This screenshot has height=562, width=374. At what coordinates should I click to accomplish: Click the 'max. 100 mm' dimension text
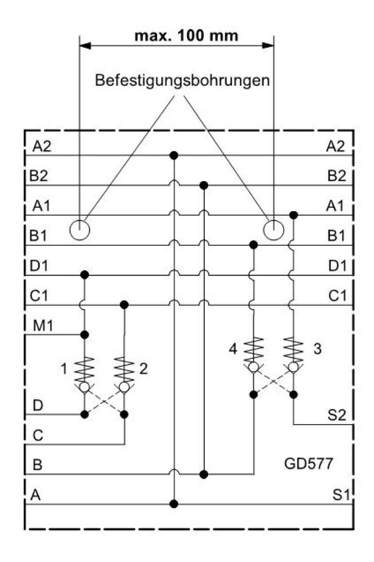tap(186, 36)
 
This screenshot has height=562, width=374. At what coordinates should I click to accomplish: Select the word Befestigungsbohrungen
tap(182, 81)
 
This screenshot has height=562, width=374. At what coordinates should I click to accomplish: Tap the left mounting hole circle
tap(79, 230)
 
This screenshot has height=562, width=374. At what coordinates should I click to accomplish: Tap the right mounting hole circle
tap(273, 230)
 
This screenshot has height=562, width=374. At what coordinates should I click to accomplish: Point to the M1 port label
tap(43, 326)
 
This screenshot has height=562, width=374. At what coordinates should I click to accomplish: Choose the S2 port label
tap(337, 415)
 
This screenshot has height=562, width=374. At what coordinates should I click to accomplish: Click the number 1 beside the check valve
tap(64, 369)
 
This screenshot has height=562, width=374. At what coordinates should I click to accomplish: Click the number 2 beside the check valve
tap(144, 369)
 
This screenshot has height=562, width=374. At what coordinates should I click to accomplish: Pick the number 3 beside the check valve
tap(317, 349)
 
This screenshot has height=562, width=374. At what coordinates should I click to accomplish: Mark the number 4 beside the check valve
tap(233, 349)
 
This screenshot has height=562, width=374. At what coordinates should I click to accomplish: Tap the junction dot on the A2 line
tap(173, 155)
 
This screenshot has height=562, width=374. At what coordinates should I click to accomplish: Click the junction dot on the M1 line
tap(85, 335)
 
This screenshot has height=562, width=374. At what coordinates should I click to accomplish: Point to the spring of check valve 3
tap(293, 349)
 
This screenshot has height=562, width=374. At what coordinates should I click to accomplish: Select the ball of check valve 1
tap(85, 387)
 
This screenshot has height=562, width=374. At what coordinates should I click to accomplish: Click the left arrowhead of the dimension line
tap(85, 46)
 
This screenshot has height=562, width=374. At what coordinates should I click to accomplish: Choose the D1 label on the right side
tap(338, 266)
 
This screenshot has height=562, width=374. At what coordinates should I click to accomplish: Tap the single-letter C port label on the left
tap(38, 435)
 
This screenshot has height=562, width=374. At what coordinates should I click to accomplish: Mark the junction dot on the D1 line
tap(85, 275)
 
